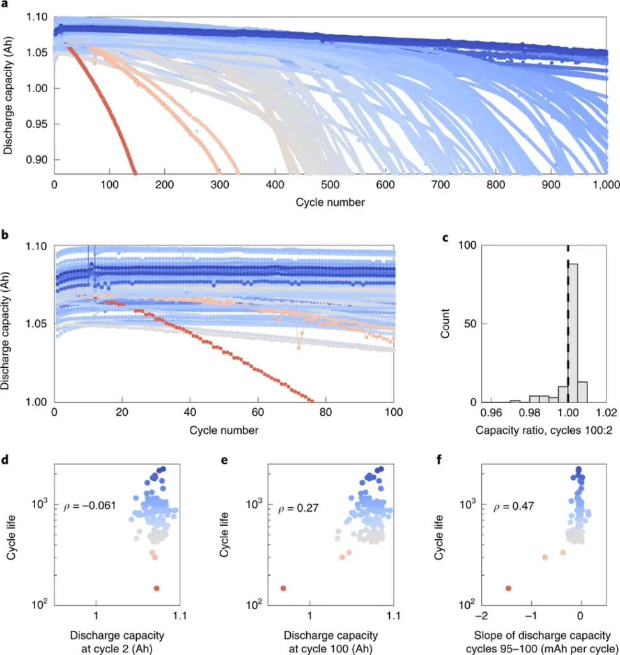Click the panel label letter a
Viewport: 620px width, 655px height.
(x=4, y=4)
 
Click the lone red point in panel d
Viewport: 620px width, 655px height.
(x=156, y=588)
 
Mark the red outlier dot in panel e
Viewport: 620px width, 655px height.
(x=283, y=588)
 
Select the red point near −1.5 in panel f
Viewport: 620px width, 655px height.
(x=508, y=588)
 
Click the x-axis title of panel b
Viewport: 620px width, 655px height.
(x=224, y=430)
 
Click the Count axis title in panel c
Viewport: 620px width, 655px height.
(x=447, y=324)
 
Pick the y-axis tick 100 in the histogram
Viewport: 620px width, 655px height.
(x=469, y=246)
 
